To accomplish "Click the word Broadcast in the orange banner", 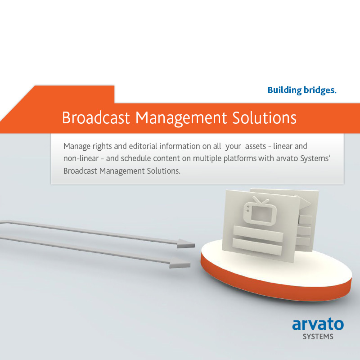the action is (x=96, y=118).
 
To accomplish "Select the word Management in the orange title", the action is (x=181, y=119).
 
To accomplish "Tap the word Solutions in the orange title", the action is (x=264, y=118).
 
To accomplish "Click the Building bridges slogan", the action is (x=302, y=90).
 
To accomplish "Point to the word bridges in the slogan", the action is (x=320, y=90).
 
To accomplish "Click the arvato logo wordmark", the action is (x=318, y=324).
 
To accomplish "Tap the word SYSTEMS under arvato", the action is (x=318, y=337).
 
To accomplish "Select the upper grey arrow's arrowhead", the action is (x=186, y=243).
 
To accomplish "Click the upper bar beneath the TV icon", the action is (x=258, y=234).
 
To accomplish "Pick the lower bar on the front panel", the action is (x=257, y=247).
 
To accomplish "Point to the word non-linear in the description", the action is (x=81, y=158).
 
